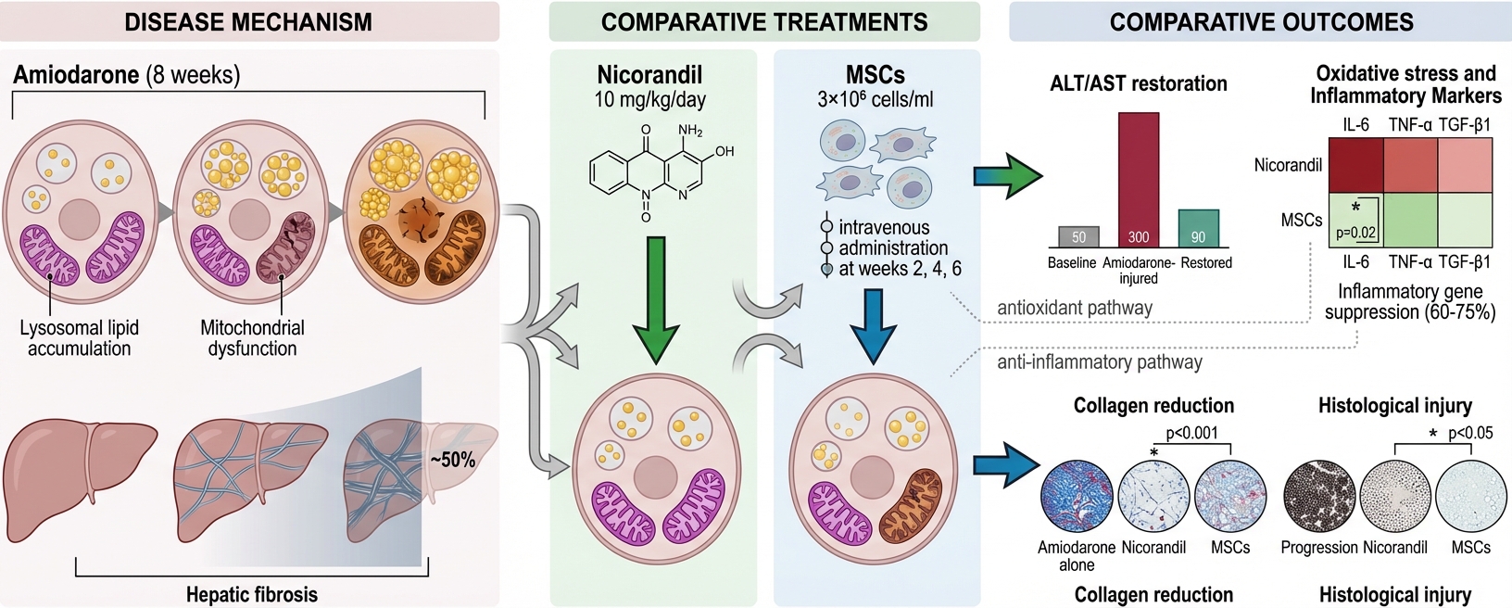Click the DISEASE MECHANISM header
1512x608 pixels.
pos(248,22)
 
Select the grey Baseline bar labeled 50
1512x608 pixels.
pos(1078,237)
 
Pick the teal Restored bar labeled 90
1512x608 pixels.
pos(1198,228)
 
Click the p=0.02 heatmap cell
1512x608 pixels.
pos(1355,220)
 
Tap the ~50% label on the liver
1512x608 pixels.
pos(452,460)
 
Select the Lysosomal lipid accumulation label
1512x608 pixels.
pos(80,338)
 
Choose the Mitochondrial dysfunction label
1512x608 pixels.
pos(252,338)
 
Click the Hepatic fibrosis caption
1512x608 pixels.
pos(252,595)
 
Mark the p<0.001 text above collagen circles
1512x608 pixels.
pos(1191,433)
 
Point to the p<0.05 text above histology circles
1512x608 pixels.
pos(1469,433)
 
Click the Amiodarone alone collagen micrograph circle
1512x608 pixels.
pos(1077,496)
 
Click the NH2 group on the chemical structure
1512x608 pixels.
pos(690,131)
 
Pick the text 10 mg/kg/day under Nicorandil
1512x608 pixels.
pos(649,99)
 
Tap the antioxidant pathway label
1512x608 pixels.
pos(1075,308)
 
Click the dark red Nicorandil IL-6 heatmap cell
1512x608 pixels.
pos(1356,165)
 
